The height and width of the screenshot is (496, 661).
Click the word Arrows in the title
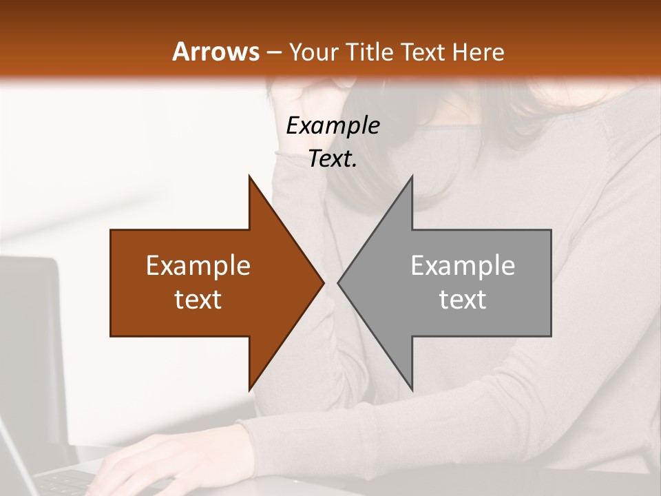pos(216,52)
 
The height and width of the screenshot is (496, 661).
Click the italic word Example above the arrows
pos(333,125)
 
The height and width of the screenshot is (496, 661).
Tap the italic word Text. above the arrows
pos(333,158)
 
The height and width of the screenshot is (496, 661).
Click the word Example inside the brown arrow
pos(198,265)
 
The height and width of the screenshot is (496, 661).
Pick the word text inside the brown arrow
pos(198,300)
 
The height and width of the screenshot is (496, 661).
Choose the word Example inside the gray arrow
pos(463,265)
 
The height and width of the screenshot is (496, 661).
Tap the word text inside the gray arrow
pos(463,300)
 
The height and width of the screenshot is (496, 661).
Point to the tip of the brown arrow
pos(322,282)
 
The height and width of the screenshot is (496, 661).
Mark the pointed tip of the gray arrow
pos(339,282)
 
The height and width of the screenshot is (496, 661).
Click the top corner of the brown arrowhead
pos(249,177)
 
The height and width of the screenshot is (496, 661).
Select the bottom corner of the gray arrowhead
pos(412,389)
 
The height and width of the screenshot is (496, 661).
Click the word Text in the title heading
pos(423,52)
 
